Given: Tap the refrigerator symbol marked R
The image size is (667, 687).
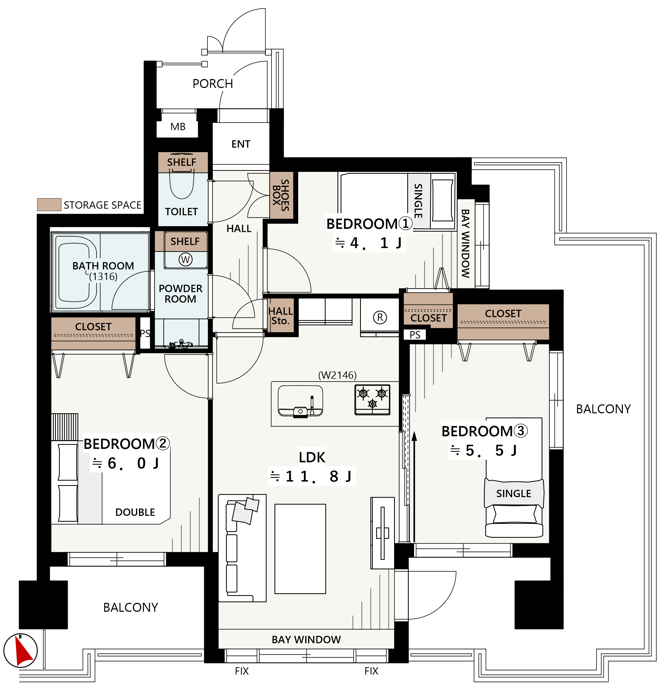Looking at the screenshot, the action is (380, 317).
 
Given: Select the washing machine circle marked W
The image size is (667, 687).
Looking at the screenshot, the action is (186, 260).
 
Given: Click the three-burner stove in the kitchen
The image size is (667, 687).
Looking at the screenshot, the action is (372, 400).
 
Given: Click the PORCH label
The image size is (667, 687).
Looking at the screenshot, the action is (213, 84).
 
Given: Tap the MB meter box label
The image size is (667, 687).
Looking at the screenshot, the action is (178, 127).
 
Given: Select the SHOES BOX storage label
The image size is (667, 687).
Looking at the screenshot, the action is (281, 195).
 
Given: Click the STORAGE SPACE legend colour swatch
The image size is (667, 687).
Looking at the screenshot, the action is (49, 205).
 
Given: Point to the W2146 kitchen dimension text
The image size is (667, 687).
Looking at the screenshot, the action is (337, 375).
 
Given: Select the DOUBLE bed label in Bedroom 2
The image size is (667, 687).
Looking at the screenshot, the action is (135, 512).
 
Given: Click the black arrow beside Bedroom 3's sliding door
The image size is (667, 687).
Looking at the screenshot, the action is (414, 487).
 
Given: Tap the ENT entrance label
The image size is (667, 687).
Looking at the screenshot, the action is (241, 144).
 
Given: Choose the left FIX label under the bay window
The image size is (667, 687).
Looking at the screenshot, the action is (242, 671).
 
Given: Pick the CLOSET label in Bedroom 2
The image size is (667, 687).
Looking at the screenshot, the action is (93, 327).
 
